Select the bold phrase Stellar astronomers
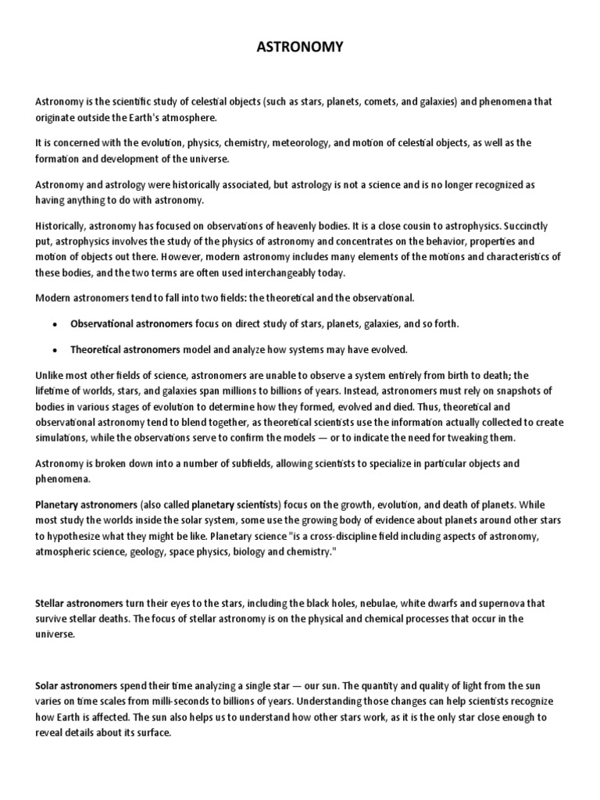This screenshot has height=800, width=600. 78,602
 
